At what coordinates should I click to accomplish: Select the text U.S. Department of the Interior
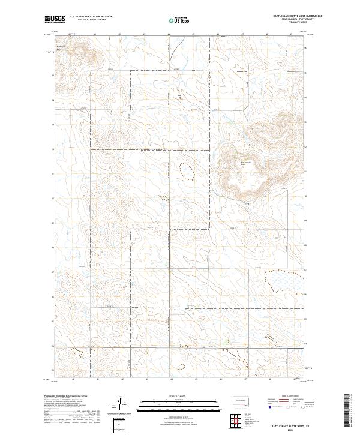(91, 17)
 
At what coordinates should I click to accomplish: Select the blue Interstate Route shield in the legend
(267, 406)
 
